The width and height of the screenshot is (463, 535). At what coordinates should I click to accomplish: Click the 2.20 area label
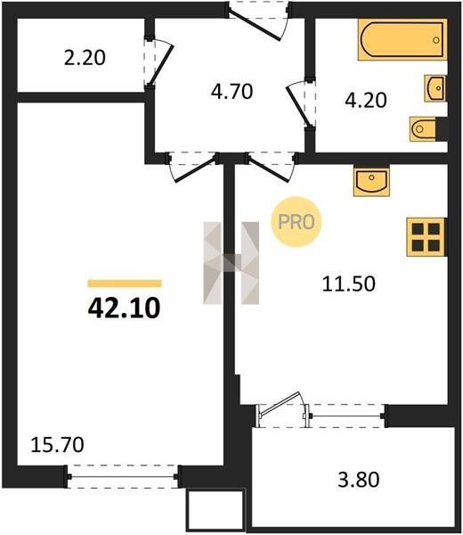point(85,58)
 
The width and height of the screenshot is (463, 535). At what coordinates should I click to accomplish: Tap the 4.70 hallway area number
point(231,92)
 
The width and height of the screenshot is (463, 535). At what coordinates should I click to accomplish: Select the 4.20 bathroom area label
point(366,100)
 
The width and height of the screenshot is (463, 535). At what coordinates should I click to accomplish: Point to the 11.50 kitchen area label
point(348,284)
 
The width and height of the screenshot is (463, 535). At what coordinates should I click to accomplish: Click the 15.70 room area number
point(57,445)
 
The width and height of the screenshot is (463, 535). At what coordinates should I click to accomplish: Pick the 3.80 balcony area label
point(359,479)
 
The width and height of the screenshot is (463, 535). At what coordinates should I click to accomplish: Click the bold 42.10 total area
point(124,308)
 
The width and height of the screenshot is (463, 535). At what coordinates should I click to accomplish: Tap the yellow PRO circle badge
point(296,222)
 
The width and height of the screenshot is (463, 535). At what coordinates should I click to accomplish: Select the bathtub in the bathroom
point(402,39)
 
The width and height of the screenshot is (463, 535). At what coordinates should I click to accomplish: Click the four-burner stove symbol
point(426,237)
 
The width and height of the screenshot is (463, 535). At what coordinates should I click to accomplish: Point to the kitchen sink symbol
point(371,182)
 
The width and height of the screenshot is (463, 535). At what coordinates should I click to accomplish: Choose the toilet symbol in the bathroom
point(424,129)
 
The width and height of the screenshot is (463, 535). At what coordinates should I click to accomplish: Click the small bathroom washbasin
point(435,88)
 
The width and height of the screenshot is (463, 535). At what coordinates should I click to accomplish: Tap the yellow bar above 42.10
point(125,284)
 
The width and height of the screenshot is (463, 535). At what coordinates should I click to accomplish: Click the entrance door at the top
point(259,21)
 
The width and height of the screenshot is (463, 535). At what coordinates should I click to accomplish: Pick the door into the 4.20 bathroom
point(301,104)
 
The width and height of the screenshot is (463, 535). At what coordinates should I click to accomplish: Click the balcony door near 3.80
point(283,410)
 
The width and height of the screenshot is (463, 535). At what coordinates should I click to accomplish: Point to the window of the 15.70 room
point(122,477)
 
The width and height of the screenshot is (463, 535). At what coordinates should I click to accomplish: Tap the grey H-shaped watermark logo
point(231,263)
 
